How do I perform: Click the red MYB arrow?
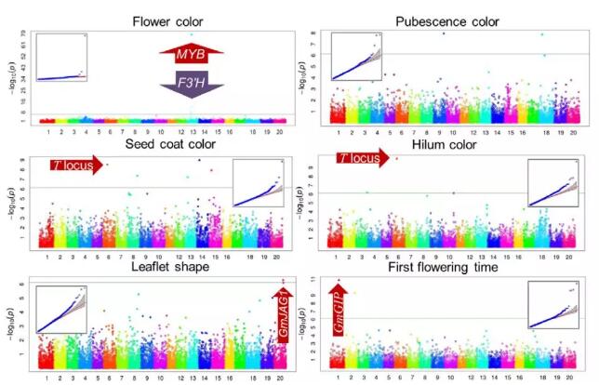pyautogui.click(x=193, y=56)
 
